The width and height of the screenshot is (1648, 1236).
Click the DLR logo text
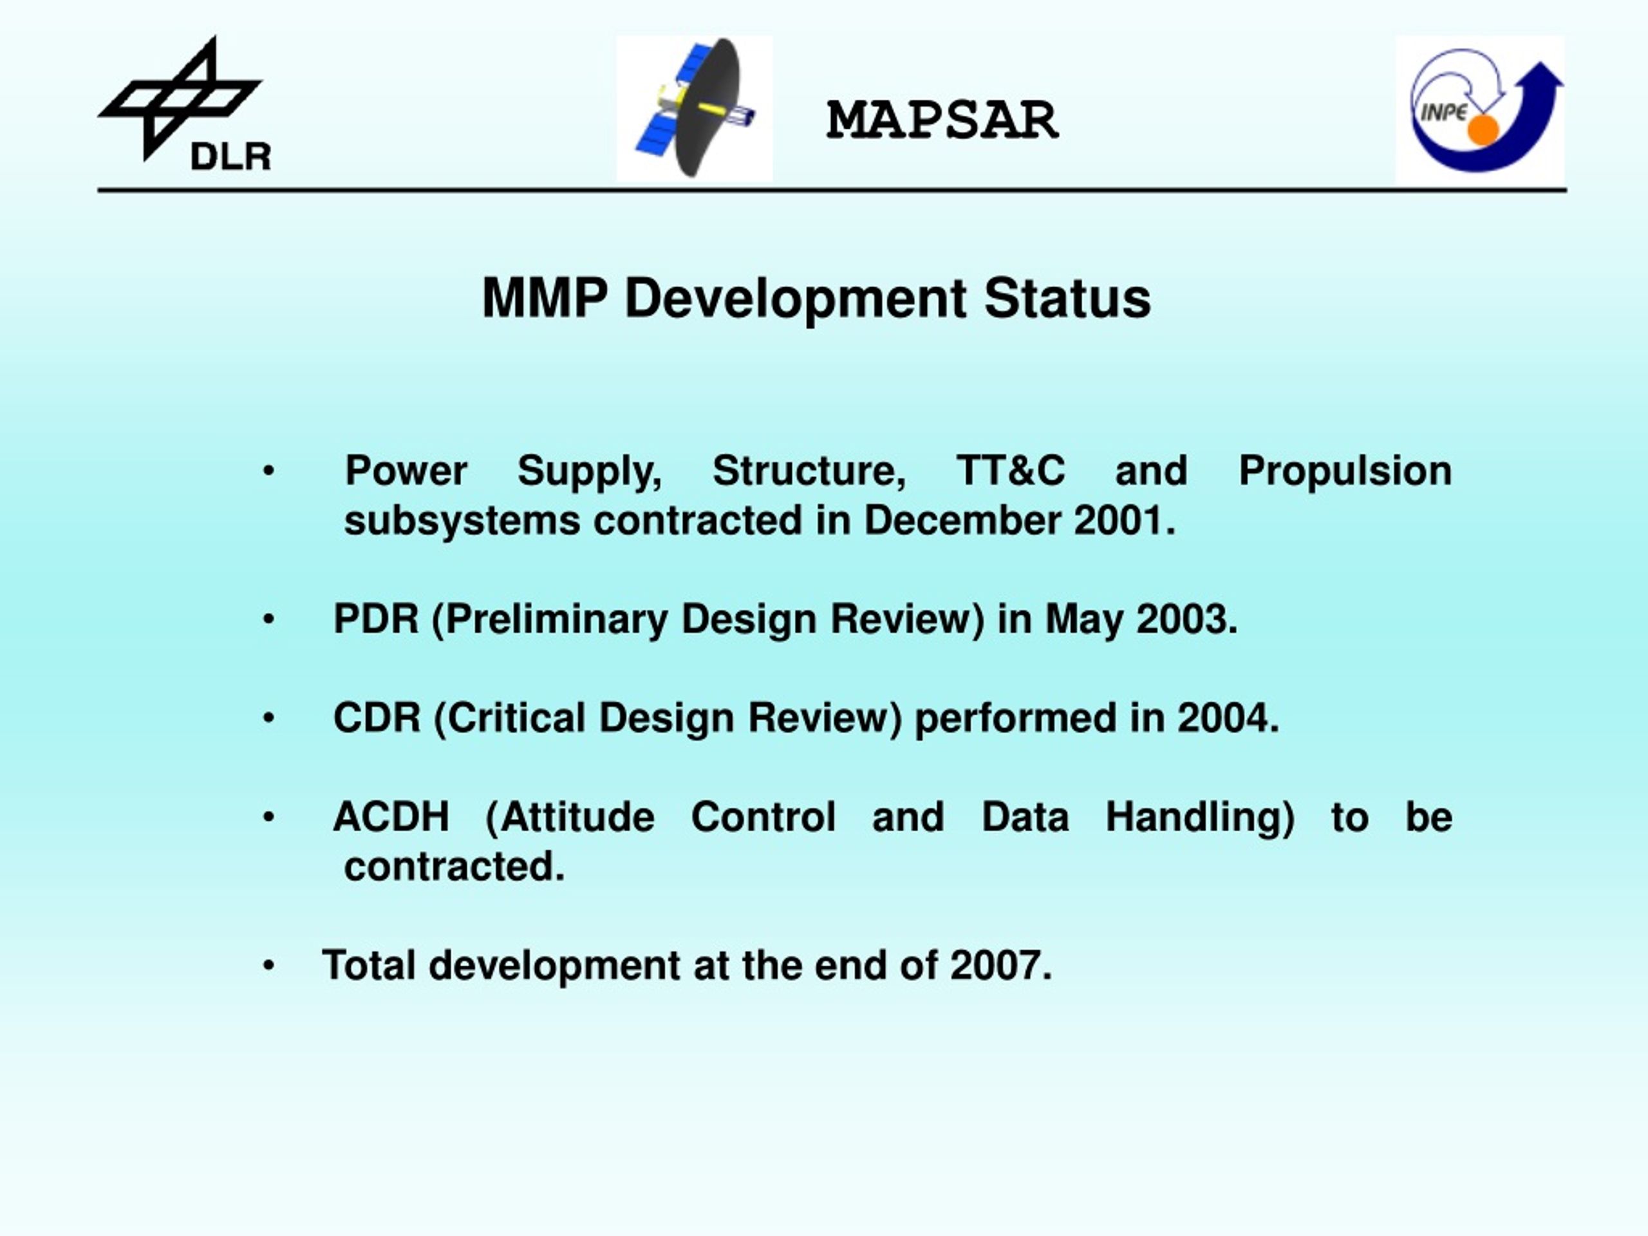coord(231,157)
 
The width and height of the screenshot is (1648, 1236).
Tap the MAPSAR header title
coord(942,120)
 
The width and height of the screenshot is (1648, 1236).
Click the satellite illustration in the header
coord(695,109)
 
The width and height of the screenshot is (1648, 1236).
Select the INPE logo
coord(1479,110)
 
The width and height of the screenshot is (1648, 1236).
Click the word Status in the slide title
coord(1067,298)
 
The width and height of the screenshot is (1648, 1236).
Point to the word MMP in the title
coord(545,298)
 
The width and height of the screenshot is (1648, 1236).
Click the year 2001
coord(1119,520)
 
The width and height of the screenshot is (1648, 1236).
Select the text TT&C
coord(1010,471)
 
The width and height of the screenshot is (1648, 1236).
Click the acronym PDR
coord(376,619)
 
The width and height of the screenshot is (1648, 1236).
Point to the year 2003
coord(1182,619)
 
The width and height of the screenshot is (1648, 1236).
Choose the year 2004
coord(1222,718)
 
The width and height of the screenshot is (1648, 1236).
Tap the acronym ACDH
coord(391,818)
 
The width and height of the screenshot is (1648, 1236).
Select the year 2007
coord(995,966)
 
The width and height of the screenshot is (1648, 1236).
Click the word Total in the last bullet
coord(369,966)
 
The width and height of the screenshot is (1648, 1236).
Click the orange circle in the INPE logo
coord(1483,129)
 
